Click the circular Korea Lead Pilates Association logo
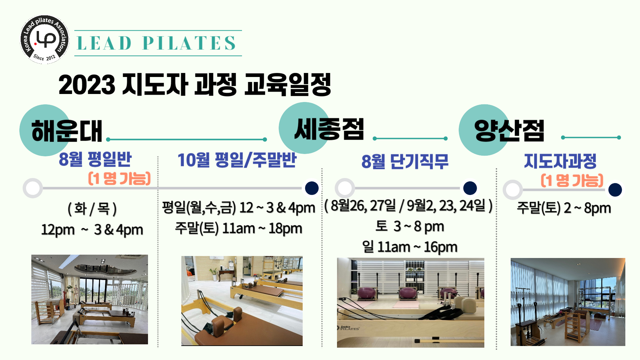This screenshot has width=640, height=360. [x=45, y=39]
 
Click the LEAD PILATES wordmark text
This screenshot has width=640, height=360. [x=156, y=43]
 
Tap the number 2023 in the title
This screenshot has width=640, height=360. [x=87, y=84]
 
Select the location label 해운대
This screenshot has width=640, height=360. [x=67, y=131]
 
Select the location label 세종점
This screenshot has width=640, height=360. [x=329, y=129]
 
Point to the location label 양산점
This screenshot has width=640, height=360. [x=509, y=130]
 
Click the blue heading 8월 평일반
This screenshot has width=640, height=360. [x=95, y=159]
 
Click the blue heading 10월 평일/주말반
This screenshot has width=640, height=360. [x=237, y=160]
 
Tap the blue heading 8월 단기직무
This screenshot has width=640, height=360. [x=405, y=161]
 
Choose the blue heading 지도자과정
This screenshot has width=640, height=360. [x=560, y=161]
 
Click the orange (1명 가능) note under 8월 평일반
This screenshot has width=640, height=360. [x=119, y=178]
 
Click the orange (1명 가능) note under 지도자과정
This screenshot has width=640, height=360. [x=572, y=180]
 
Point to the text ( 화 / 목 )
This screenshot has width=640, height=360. [x=92, y=209]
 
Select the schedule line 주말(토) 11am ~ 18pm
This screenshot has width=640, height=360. [x=239, y=229]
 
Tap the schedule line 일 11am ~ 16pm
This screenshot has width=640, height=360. [x=410, y=247]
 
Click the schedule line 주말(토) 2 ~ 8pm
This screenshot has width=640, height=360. [x=564, y=208]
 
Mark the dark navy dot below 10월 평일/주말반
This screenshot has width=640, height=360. [x=312, y=188]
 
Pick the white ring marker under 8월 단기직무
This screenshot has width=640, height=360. [x=345, y=188]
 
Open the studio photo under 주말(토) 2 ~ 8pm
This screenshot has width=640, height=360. [x=568, y=302]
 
